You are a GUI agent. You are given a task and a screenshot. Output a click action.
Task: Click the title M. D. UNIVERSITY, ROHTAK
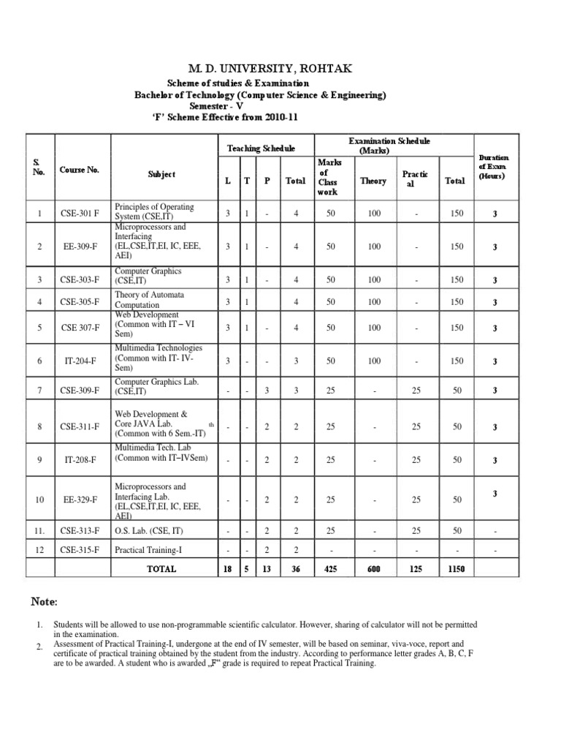[x=280, y=68]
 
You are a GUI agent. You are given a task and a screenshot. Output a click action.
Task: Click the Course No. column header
[x=80, y=170]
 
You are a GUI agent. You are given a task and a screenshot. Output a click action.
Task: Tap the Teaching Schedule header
[x=261, y=148]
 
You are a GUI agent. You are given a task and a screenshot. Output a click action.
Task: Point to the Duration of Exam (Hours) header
[x=494, y=167]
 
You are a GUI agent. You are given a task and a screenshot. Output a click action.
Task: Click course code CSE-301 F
[x=79, y=214]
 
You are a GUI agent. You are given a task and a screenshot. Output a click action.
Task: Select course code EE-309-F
[x=79, y=247]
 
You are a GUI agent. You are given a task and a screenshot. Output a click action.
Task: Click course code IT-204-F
[x=79, y=361]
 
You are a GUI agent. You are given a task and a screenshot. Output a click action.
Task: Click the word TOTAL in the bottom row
[x=161, y=569]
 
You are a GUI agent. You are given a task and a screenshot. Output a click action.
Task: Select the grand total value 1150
[x=457, y=569]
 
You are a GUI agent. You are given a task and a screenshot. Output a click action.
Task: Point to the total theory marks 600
[x=374, y=569]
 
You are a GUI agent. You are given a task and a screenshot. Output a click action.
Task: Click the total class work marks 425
[x=331, y=569]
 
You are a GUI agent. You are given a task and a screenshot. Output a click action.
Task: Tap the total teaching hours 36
[x=295, y=569]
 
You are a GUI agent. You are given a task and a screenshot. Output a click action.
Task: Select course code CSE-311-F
[x=79, y=426]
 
